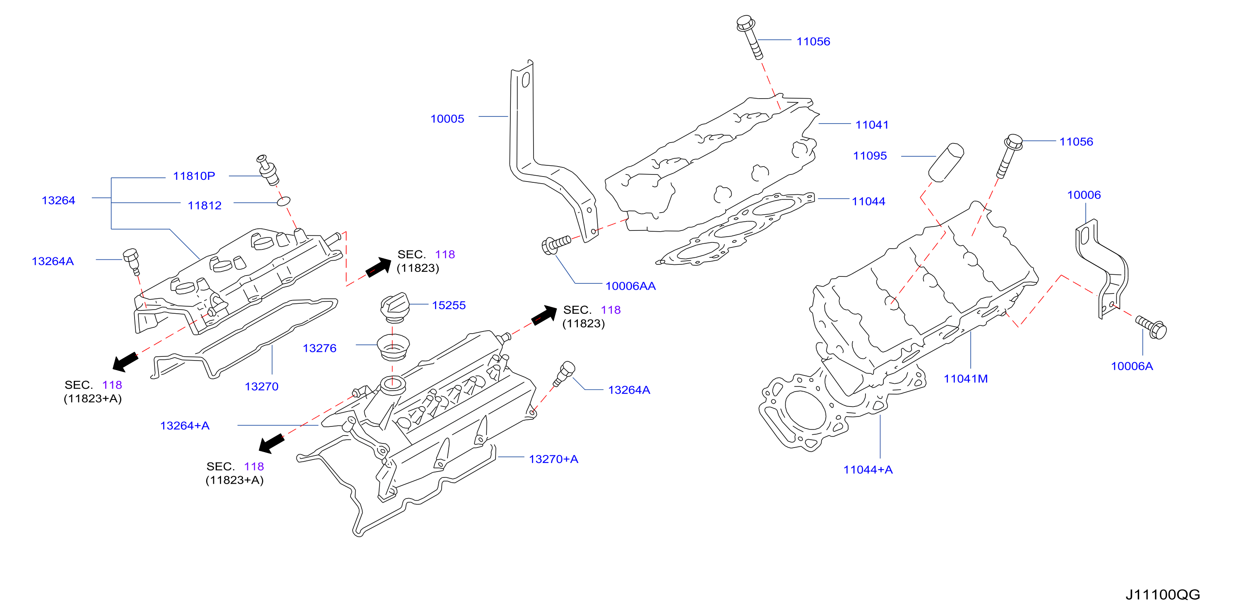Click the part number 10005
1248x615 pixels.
coord(447,119)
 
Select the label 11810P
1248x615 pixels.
coord(194,176)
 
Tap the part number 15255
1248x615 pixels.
coord(449,305)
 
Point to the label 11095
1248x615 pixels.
coord(870,156)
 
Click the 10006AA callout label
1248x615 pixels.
coord(630,286)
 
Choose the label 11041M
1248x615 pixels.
coord(966,379)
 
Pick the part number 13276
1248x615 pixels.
coord(319,348)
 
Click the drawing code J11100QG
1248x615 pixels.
coord(1163,595)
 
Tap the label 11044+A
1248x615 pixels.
coord(868,470)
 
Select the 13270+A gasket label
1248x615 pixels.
coord(553,459)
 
